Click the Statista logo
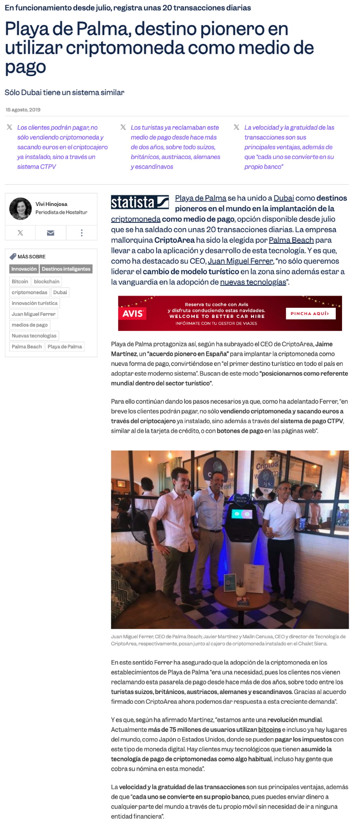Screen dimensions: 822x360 pos(140,202)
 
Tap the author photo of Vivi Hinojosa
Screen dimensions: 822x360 pos(20,209)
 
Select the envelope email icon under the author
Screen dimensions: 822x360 pos(50,233)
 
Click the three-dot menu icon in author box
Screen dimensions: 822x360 pos(81,233)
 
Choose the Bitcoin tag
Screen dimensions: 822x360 pos(20,282)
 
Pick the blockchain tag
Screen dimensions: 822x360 pos(47,282)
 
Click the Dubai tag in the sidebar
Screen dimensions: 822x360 pos(60,292)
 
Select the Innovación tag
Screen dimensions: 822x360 pos(24,269)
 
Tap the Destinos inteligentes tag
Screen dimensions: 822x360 pos(66,269)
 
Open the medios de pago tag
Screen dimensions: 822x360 pos(30,325)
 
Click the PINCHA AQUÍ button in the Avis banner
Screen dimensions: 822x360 pos(310,314)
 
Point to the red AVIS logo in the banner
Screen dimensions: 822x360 pos(132,314)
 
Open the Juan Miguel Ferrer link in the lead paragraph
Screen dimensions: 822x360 pos(240,261)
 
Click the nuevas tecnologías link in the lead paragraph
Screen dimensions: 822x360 pos(253,282)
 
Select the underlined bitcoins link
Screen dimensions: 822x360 pos(269,729)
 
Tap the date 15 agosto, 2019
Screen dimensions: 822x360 pos(23,110)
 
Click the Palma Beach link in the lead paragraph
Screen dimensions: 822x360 pos(291,240)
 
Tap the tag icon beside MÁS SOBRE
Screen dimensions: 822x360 pos(13,256)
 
